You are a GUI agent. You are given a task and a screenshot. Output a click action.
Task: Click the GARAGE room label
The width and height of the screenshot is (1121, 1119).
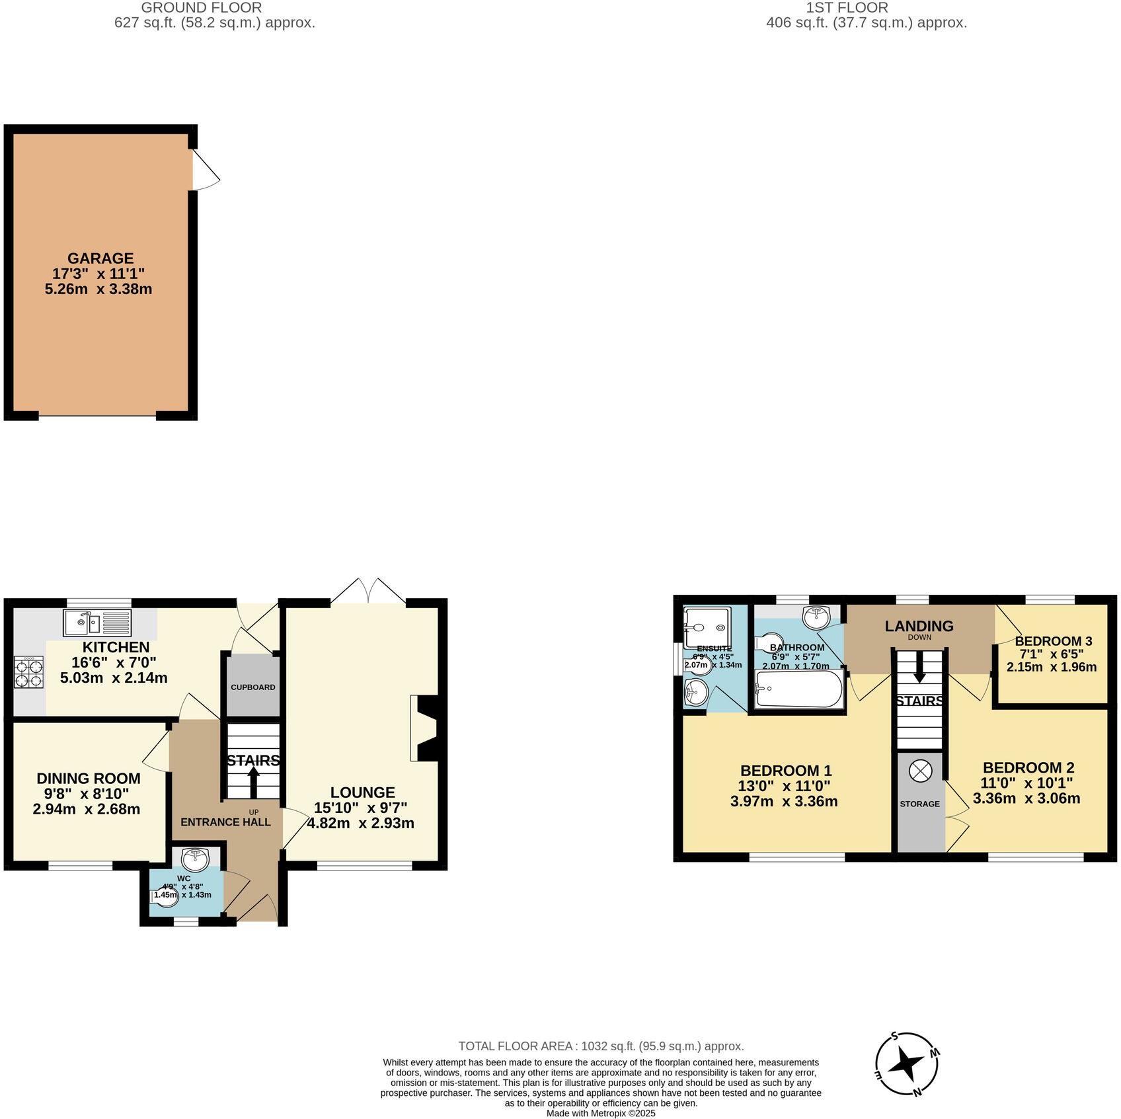tap(100, 258)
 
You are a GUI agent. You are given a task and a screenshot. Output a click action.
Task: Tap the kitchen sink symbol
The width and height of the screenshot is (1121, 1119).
tap(98, 623)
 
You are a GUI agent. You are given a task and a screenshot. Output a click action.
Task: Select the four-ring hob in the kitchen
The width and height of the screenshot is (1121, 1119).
tap(28, 672)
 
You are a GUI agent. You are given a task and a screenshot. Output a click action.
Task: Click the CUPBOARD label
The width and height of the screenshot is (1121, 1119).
tap(252, 687)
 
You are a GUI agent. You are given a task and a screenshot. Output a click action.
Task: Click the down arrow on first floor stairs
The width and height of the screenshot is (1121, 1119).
tap(919, 674)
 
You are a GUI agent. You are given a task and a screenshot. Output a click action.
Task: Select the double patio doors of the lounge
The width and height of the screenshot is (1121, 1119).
tap(368, 591)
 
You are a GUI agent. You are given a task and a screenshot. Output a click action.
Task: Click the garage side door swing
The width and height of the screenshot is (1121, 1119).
tap(205, 171)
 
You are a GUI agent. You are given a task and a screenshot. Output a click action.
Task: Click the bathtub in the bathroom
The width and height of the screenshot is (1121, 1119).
tap(798, 690)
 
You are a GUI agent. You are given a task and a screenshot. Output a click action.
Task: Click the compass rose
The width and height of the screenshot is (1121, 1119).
tap(908, 1064)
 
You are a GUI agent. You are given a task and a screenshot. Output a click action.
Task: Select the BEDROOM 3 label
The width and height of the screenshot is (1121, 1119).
tap(1053, 640)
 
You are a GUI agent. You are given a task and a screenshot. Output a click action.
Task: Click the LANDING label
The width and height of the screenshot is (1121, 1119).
tap(919, 625)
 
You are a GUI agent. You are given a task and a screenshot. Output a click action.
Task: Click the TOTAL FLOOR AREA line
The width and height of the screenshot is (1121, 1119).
tap(601, 1046)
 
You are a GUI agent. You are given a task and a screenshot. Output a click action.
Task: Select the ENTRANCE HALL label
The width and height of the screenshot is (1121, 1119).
tap(225, 822)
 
